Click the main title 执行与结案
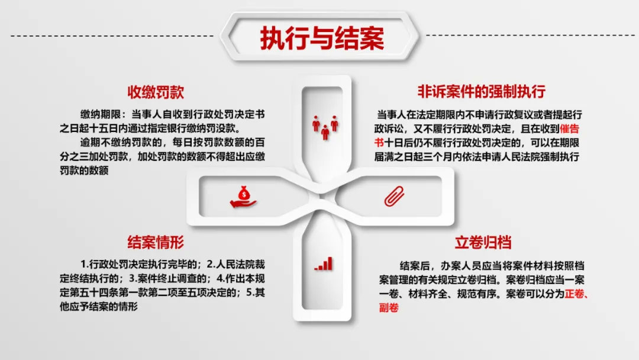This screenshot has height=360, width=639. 322,38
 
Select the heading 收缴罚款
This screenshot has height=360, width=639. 156,92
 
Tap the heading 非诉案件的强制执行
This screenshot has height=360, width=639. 481,91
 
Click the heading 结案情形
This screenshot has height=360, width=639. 156,242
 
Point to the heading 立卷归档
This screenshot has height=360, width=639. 483,242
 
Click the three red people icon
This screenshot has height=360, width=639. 325,128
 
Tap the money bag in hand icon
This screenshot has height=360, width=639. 243,197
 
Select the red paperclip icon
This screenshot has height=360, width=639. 394,197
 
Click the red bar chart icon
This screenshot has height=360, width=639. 324,263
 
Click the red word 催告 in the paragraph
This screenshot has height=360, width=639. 569,129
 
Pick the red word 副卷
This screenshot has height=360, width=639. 389,307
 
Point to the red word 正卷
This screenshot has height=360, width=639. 575,294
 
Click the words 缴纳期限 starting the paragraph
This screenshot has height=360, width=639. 100,114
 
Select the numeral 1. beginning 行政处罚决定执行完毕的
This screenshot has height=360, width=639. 85,264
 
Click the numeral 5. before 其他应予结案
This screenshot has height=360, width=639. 250,292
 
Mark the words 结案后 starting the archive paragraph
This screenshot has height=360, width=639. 414,266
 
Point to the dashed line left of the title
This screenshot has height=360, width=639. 112,36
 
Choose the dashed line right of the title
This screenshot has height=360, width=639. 530,35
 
